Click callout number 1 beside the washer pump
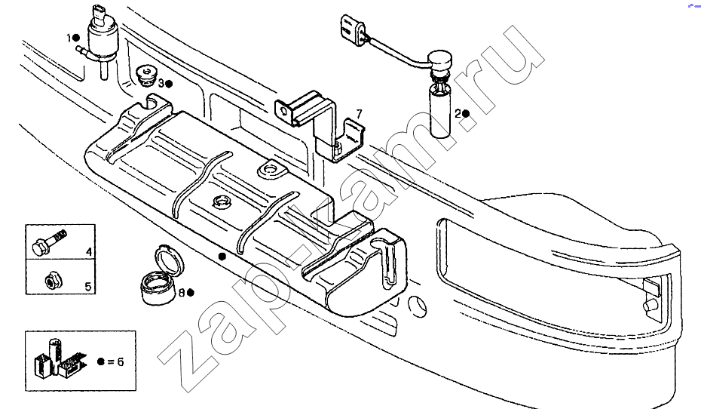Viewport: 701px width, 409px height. click(69, 38)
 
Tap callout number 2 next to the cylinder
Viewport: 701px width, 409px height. click(458, 114)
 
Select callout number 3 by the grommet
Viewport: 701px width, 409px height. click(161, 83)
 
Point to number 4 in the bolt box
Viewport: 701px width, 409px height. click(89, 252)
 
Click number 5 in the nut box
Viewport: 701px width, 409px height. click(88, 287)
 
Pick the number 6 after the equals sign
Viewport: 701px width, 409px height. click(121, 361)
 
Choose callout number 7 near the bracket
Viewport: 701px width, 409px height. click(359, 115)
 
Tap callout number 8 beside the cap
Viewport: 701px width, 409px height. click(182, 293)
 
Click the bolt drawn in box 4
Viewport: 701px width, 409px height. click(50, 242)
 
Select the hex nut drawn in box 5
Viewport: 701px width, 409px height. click(54, 281)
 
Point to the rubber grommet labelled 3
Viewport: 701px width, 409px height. click(145, 77)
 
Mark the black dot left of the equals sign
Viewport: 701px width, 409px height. click(100, 361)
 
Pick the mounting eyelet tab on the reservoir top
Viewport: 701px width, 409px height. click(271, 170)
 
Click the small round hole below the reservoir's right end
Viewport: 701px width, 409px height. click(418, 306)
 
